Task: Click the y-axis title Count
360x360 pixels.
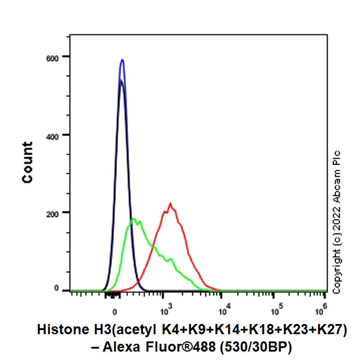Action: point(28,162)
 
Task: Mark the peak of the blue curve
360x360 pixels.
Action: point(122,60)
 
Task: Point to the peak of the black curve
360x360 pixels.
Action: point(121,80)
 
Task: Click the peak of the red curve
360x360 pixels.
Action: point(171,203)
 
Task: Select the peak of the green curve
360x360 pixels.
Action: point(134,218)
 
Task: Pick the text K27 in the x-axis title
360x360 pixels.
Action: point(334,329)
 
